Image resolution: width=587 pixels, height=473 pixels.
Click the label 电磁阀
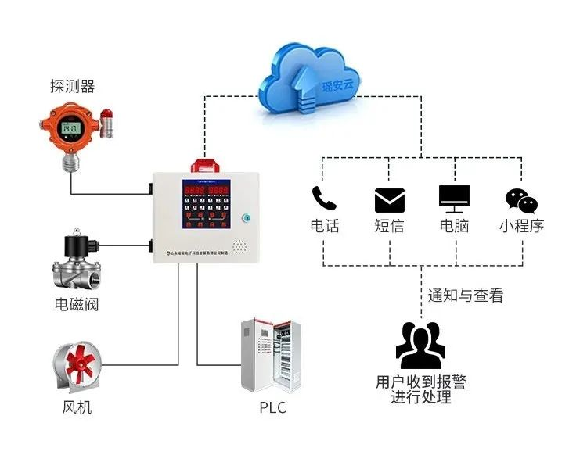click(x=77, y=304)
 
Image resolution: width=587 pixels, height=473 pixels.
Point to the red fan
click(x=77, y=366)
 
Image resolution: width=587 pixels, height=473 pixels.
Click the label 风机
click(x=77, y=407)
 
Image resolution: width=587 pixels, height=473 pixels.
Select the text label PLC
click(x=272, y=407)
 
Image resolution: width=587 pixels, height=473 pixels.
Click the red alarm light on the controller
click(x=207, y=166)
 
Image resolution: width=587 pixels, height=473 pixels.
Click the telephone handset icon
click(x=324, y=198)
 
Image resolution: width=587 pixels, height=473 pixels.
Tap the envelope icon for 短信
click(x=390, y=200)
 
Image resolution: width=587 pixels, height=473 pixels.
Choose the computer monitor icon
click(x=455, y=199)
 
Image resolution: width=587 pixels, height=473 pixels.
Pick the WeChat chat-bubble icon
click(x=521, y=200)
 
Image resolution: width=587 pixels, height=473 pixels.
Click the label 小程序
click(x=521, y=227)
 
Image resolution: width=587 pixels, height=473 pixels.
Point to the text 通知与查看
click(x=465, y=296)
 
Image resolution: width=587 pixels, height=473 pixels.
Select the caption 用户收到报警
click(x=420, y=382)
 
